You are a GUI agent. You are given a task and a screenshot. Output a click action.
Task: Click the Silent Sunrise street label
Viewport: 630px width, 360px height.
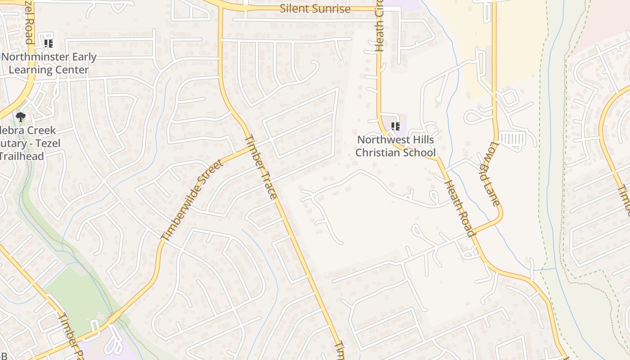tap(315, 9)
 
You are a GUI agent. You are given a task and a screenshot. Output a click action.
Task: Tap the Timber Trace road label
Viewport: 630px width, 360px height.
tap(261, 166)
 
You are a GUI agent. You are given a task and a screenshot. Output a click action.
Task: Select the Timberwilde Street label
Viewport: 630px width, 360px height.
tap(192, 200)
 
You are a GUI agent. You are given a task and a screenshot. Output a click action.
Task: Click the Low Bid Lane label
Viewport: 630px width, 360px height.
tap(495, 174)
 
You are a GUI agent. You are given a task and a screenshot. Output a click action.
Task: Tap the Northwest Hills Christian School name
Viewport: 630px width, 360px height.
tap(396, 146)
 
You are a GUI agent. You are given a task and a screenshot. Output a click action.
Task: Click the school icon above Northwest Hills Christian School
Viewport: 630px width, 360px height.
tap(395, 126)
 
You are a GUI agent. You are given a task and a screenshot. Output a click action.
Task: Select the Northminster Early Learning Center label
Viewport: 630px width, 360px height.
tap(49, 63)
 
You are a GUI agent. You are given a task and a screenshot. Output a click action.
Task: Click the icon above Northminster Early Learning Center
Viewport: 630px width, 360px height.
tap(48, 44)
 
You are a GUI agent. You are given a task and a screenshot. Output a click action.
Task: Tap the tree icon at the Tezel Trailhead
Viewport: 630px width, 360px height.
tap(20, 117)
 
